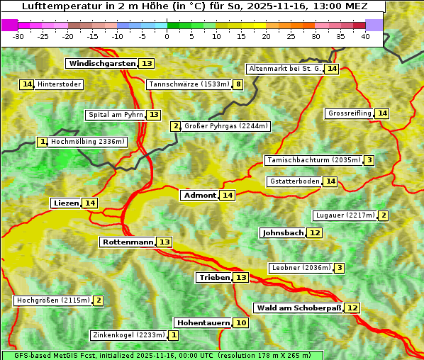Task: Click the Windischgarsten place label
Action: point(101,64)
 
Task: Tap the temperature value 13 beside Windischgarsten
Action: point(147,64)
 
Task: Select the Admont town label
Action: point(199,196)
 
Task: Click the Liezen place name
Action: point(66,203)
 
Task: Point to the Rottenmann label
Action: point(128,242)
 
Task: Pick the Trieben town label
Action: point(214,278)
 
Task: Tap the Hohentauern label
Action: point(203,323)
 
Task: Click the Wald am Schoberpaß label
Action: point(298,308)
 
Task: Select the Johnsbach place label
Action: point(283,233)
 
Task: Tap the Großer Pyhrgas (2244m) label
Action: point(225,126)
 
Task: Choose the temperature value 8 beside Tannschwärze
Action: point(238,85)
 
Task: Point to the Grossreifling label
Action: point(350,113)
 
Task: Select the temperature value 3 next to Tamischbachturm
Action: point(369,160)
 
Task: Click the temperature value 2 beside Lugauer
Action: point(383,215)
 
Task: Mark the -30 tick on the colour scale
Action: point(18,36)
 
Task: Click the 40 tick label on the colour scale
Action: point(365,36)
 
